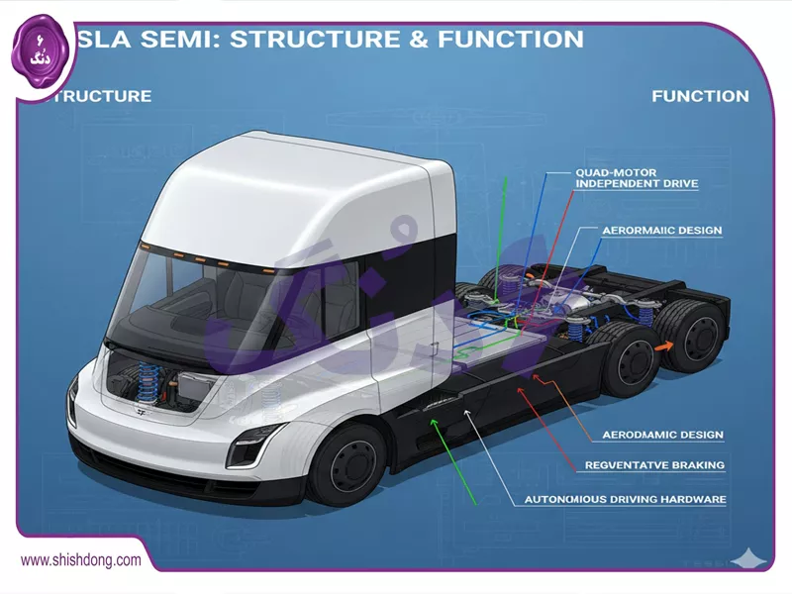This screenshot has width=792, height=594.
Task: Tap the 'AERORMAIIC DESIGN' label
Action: pyautogui.click(x=661, y=231)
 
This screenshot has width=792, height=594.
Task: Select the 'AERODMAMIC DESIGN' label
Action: pyautogui.click(x=662, y=435)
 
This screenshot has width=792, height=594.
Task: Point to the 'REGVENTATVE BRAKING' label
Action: pyautogui.click(x=654, y=464)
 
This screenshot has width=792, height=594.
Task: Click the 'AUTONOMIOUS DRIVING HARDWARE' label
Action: pyautogui.click(x=626, y=499)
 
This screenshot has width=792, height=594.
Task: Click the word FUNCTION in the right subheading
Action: pyautogui.click(x=700, y=96)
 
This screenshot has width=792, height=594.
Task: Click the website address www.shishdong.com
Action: pyautogui.click(x=81, y=560)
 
